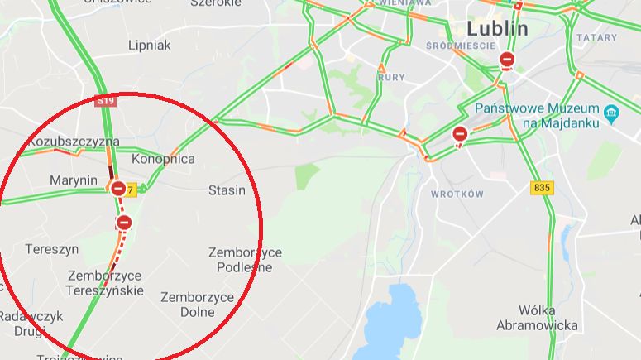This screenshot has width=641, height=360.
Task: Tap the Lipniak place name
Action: (x=149, y=46)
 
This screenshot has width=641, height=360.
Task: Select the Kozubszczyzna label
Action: (x=74, y=142)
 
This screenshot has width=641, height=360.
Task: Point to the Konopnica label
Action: (x=164, y=158)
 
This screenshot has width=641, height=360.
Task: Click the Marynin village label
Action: (x=74, y=181)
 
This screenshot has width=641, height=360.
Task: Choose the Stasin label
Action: (x=227, y=190)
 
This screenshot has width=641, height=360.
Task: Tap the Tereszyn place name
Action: (x=52, y=248)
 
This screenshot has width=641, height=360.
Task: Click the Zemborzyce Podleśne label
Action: (x=245, y=260)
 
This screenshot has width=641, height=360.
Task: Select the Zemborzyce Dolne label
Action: (x=198, y=305)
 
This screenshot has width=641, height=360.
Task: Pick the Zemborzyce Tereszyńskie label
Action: (x=106, y=283)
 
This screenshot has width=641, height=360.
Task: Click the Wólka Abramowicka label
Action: (x=537, y=318)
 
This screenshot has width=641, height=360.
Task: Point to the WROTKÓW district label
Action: (x=457, y=194)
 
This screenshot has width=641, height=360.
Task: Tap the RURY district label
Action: (x=391, y=77)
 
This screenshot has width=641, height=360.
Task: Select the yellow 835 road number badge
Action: (x=542, y=188)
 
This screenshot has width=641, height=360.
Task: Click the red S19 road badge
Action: (x=105, y=101)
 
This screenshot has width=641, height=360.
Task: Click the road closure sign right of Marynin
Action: (x=119, y=189)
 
